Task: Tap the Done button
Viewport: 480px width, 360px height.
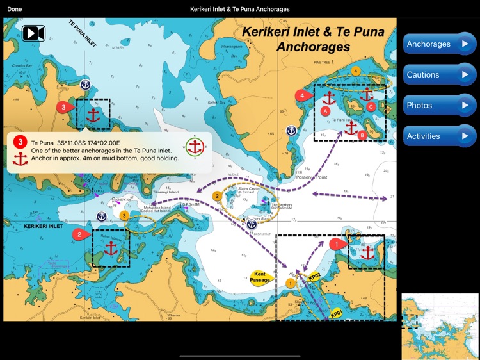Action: point(14,9)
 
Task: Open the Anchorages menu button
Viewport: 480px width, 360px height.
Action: point(439,44)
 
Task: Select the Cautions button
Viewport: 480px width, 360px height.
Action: point(439,75)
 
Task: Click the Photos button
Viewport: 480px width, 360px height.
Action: point(439,106)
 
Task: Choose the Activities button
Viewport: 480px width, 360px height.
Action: point(439,136)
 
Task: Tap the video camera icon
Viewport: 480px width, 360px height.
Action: point(33,33)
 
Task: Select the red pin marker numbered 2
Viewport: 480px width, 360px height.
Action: point(80,234)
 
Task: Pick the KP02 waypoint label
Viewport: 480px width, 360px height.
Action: point(314,277)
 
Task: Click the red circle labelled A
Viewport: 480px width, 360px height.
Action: point(325,111)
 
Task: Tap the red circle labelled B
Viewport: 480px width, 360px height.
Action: point(362,135)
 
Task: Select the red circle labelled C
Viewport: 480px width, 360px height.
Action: point(371,107)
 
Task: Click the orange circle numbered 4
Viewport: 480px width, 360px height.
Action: point(356,70)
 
